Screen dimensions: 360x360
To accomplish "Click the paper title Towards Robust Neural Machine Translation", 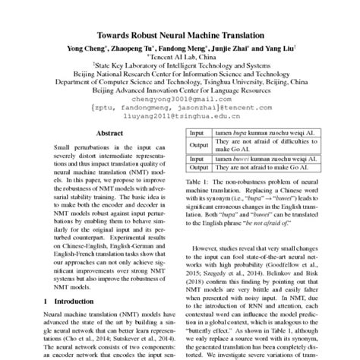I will pyautogui.click(x=179, y=35).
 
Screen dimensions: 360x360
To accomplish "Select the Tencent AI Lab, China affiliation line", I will pyautogui.click(x=180, y=57).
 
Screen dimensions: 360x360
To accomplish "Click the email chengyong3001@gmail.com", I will pyautogui.click(x=180, y=99).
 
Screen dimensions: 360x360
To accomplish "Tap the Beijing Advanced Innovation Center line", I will pyautogui.click(x=180, y=90).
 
